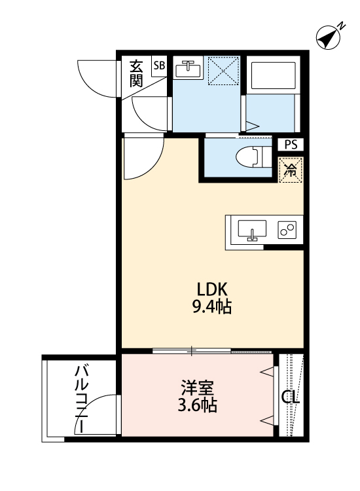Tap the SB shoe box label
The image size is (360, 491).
click(159, 65)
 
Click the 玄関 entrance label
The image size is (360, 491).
click(136, 73)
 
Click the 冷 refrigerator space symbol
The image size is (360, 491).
click(289, 170)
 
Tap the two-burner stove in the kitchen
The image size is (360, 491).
click(287, 230)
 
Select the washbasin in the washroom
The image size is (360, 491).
click(189, 68)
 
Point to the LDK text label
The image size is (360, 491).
click(212, 289)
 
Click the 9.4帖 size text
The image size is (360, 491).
click(212, 306)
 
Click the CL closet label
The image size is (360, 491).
click(291, 397)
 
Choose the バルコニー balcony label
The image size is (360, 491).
click(81, 398)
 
